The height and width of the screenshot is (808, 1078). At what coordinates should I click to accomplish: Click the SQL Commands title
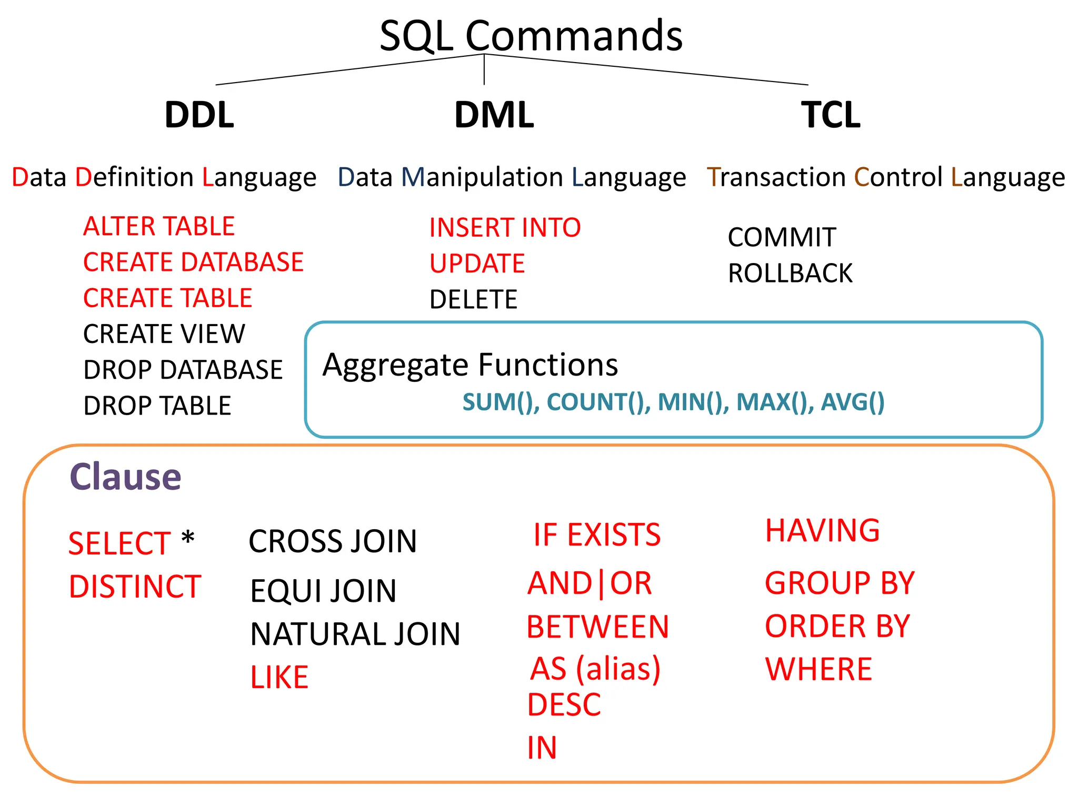click(531, 36)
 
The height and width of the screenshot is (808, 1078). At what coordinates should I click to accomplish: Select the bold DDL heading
click(199, 115)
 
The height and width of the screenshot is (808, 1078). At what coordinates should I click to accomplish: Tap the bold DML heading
click(494, 115)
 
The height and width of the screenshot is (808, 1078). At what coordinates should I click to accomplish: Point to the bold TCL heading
click(831, 115)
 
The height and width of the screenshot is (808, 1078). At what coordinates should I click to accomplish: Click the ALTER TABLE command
click(158, 226)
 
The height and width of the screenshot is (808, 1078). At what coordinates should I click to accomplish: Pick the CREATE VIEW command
click(164, 334)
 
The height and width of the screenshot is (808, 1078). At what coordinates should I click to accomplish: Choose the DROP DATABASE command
click(183, 369)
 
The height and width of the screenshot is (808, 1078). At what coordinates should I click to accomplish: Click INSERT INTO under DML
click(505, 228)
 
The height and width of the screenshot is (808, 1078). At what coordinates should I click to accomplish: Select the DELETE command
click(473, 299)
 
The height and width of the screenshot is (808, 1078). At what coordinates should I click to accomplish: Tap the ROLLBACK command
click(790, 273)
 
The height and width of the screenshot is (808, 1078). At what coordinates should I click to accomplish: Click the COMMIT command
click(782, 237)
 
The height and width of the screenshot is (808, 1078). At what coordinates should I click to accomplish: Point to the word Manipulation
click(483, 177)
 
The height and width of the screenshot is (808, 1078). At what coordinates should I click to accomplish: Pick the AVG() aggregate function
click(852, 402)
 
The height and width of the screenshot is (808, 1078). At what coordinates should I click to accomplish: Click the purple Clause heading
click(125, 477)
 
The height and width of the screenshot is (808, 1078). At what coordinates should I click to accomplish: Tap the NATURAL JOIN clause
click(355, 634)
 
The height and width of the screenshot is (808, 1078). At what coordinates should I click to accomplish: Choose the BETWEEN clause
click(597, 627)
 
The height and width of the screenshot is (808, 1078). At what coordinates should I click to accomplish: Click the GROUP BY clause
click(840, 583)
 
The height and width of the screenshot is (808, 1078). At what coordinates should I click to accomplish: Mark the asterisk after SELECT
click(188, 538)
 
